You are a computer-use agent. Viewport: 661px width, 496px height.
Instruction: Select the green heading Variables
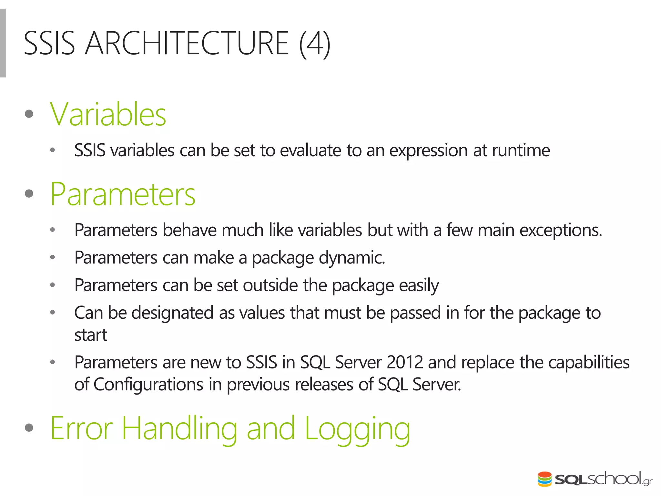tap(108, 114)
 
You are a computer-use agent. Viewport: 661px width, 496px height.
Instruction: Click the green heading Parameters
tap(123, 194)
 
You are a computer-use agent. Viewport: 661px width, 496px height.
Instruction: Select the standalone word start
tap(90, 335)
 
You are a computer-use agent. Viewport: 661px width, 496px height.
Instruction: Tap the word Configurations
tap(148, 385)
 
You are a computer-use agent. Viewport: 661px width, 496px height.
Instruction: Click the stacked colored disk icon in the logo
tap(544, 479)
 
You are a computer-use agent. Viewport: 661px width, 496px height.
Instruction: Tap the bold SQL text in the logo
tap(571, 480)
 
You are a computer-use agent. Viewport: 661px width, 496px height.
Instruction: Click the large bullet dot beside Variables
tap(29, 114)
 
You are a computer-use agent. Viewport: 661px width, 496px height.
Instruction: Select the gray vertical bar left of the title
tap(3, 43)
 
